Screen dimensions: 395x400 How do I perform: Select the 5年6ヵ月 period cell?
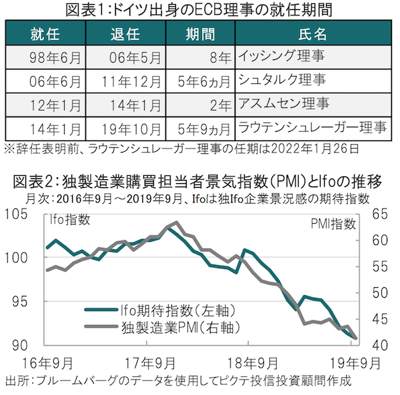[206, 81]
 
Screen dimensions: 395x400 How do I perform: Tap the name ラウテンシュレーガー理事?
[313, 127]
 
